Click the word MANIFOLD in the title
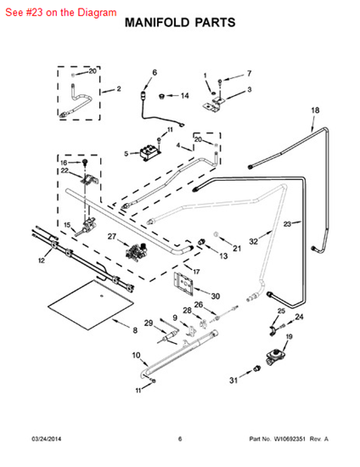(x=157, y=23)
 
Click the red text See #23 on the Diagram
(x=61, y=13)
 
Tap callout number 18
(x=315, y=110)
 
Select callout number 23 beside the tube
(x=287, y=223)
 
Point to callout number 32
(x=253, y=241)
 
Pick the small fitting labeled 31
(x=256, y=369)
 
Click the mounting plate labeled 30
(x=183, y=284)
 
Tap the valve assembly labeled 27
(x=137, y=251)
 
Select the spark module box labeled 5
(x=150, y=154)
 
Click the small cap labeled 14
(x=162, y=96)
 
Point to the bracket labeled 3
(x=215, y=104)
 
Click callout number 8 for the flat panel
(x=135, y=330)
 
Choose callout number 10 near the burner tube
(x=136, y=355)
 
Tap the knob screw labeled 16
(x=86, y=162)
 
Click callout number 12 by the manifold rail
(x=42, y=261)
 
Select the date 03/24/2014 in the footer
(x=46, y=439)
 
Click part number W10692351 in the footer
(x=290, y=439)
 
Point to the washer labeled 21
(x=217, y=234)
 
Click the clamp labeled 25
(x=273, y=330)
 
